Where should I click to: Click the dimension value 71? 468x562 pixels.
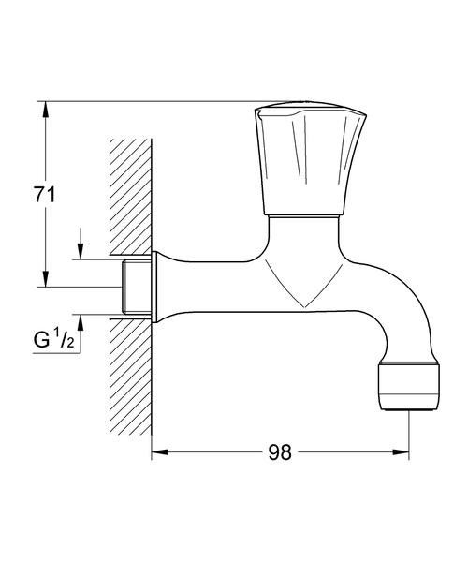coord(45,196)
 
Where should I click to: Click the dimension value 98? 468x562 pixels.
coord(280,452)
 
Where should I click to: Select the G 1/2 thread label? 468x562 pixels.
coord(53,339)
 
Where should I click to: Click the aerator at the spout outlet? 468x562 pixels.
coord(409,386)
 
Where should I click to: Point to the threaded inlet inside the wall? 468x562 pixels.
coord(136,287)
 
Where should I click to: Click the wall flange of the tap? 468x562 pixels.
coord(154,287)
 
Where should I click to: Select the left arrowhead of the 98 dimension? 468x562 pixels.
coord(160,452)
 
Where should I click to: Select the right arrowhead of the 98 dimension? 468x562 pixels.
coord(401,452)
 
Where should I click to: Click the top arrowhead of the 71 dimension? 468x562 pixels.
coord(45,110)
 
